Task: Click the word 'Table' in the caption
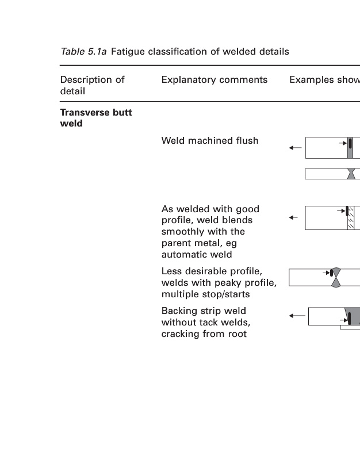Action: pyautogui.click(x=72, y=52)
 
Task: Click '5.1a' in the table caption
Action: pyautogui.click(x=97, y=52)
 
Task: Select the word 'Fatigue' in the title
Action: pyautogui.click(x=128, y=52)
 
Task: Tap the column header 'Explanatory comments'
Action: pyautogui.click(x=214, y=80)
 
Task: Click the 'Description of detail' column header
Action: pyautogui.click(x=92, y=85)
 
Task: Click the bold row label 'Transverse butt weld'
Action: pyautogui.click(x=95, y=118)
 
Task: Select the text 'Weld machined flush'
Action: pyautogui.click(x=209, y=140)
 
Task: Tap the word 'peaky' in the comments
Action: pyautogui.click(x=231, y=283)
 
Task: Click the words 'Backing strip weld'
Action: pyautogui.click(x=204, y=311)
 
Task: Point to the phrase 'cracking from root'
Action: pyautogui.click(x=204, y=333)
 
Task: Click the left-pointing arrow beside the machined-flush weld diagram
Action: pyautogui.click(x=295, y=148)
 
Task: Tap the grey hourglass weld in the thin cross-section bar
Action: pyautogui.click(x=351, y=174)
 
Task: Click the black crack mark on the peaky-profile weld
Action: pyautogui.click(x=333, y=273)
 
